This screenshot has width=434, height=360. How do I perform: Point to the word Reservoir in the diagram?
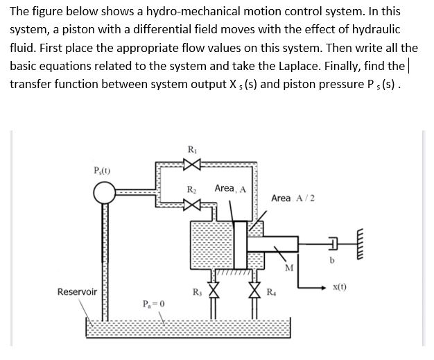point(77,292)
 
